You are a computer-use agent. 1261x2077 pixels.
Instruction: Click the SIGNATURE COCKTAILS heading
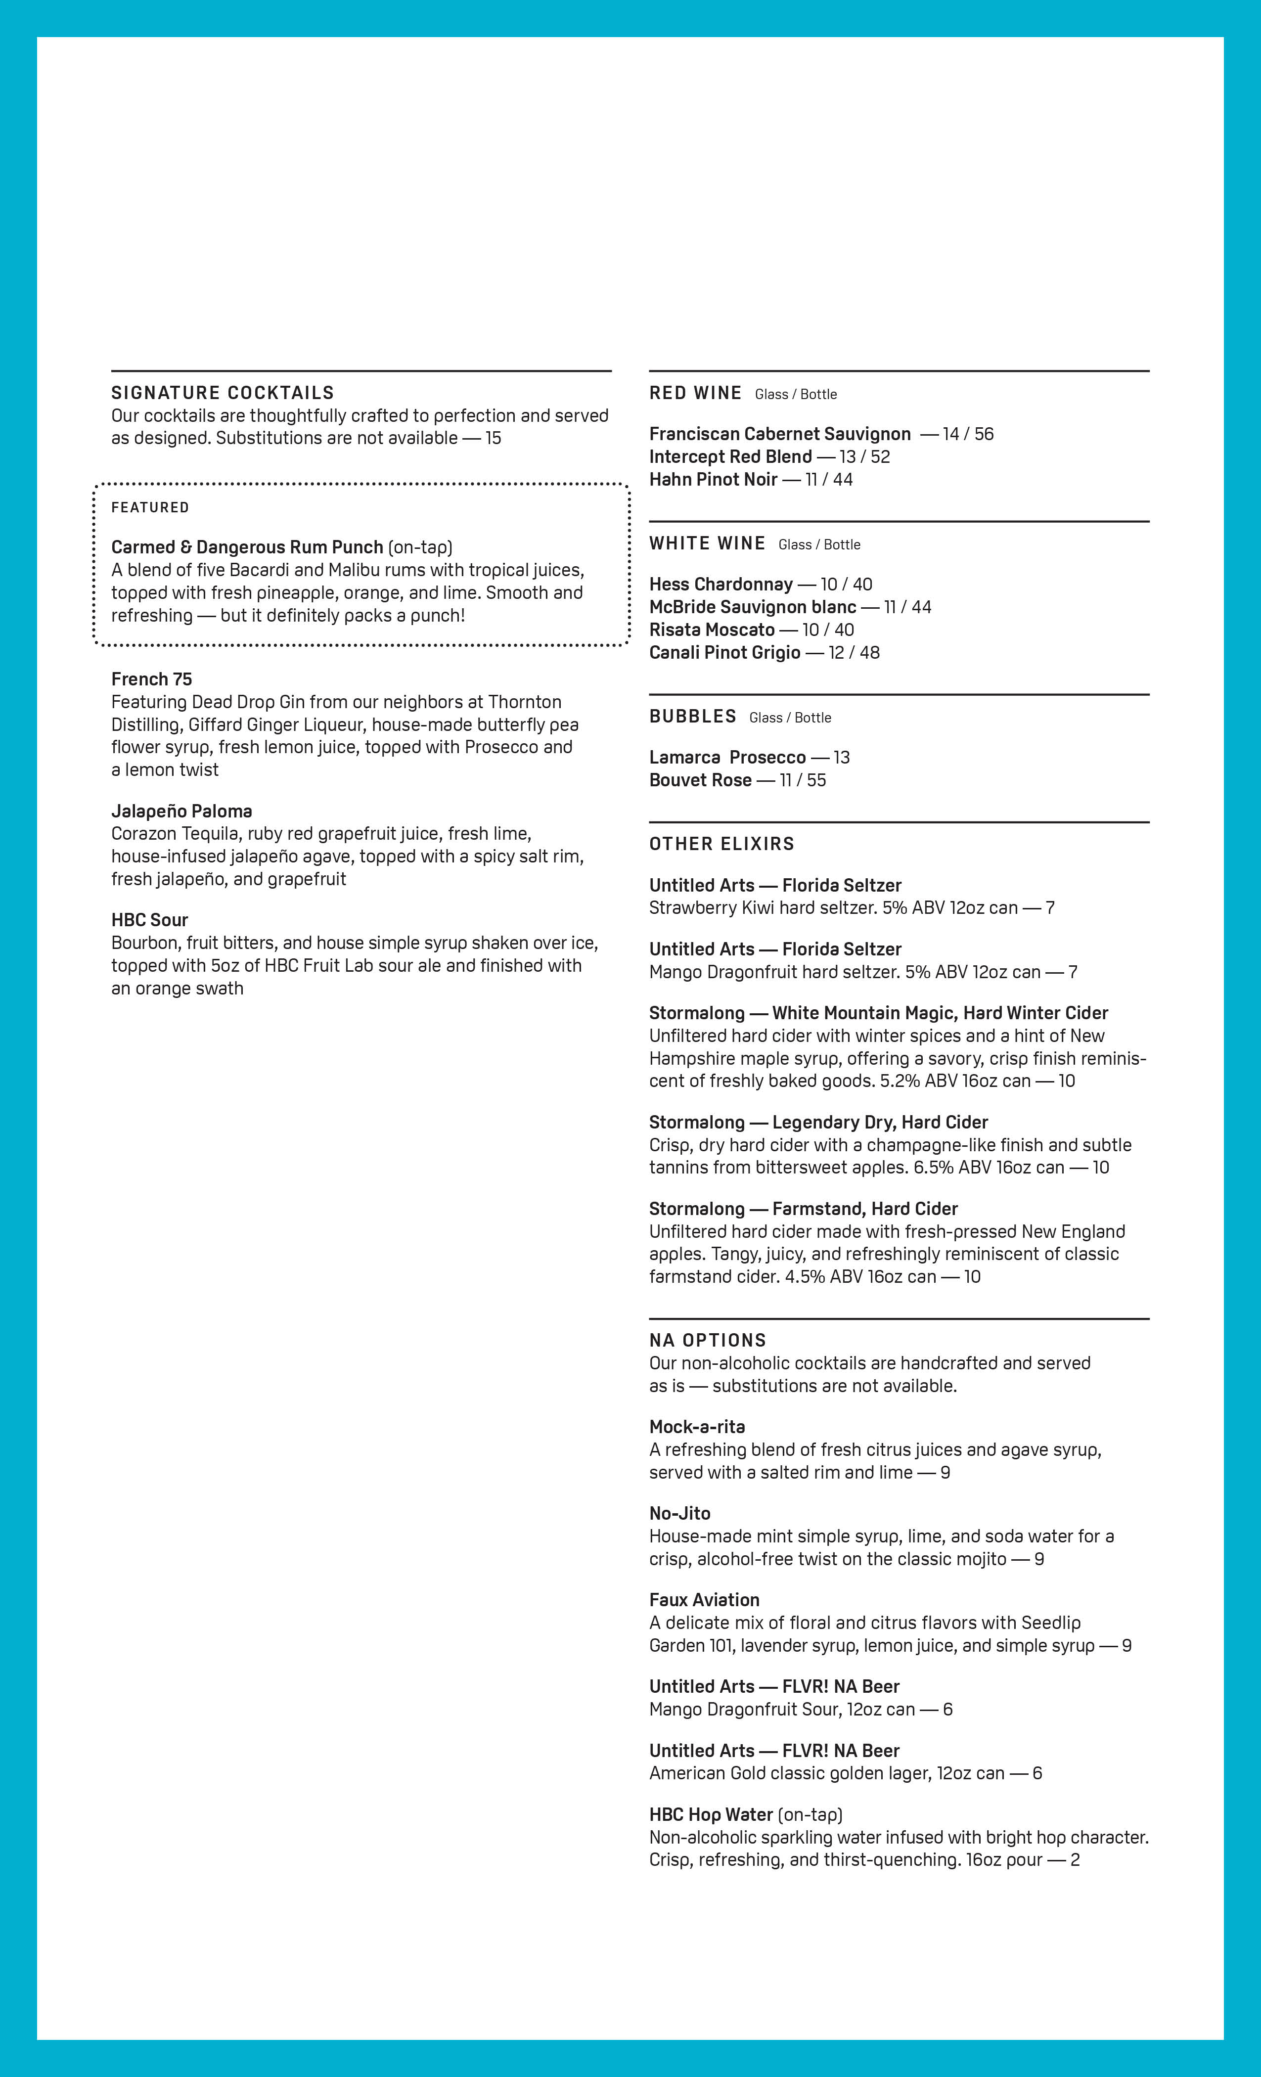tap(223, 393)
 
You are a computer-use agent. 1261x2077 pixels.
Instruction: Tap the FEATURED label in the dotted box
tap(150, 507)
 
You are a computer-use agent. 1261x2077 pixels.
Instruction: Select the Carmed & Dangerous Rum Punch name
tap(247, 547)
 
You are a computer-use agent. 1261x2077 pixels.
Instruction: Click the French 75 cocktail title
tap(152, 679)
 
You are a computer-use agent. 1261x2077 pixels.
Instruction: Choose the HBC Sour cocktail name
tap(149, 920)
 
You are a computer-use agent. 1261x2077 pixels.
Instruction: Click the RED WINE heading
tap(695, 393)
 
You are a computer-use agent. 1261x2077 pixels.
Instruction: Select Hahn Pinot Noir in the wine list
tap(713, 480)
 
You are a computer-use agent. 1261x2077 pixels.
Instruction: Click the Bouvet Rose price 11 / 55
tap(803, 780)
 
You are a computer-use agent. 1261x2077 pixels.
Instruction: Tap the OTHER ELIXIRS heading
tap(721, 844)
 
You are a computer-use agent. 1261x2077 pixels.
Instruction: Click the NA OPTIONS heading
tap(707, 1340)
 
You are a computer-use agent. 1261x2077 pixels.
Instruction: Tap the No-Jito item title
tap(679, 1513)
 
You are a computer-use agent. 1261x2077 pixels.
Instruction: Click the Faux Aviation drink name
tap(704, 1600)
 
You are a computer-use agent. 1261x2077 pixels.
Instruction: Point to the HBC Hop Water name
tap(711, 1815)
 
